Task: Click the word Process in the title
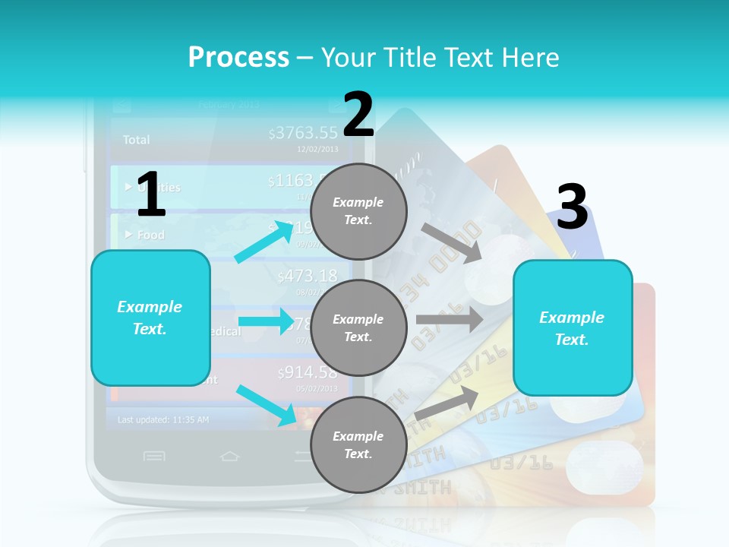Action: pyautogui.click(x=238, y=57)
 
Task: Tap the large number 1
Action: pyautogui.click(x=151, y=194)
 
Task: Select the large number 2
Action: pyautogui.click(x=358, y=115)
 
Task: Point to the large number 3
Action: pyautogui.click(x=572, y=207)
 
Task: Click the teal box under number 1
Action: pyautogui.click(x=150, y=318)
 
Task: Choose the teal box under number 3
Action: pyautogui.click(x=573, y=328)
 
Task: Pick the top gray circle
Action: pyautogui.click(x=358, y=211)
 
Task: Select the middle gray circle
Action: pyautogui.click(x=358, y=328)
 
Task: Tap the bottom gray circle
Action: pyautogui.click(x=358, y=445)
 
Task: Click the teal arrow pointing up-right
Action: pyautogui.click(x=264, y=242)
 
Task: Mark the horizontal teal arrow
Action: pyautogui.click(x=265, y=321)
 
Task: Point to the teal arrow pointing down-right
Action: pyautogui.click(x=266, y=404)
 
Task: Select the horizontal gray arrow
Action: pyautogui.click(x=449, y=319)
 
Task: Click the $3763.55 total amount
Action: pyautogui.click(x=303, y=134)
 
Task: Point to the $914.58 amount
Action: pyautogui.click(x=307, y=372)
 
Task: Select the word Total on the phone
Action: pyautogui.click(x=137, y=140)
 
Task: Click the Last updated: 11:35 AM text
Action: pyautogui.click(x=163, y=419)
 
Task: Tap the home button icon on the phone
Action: pyautogui.click(x=229, y=456)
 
